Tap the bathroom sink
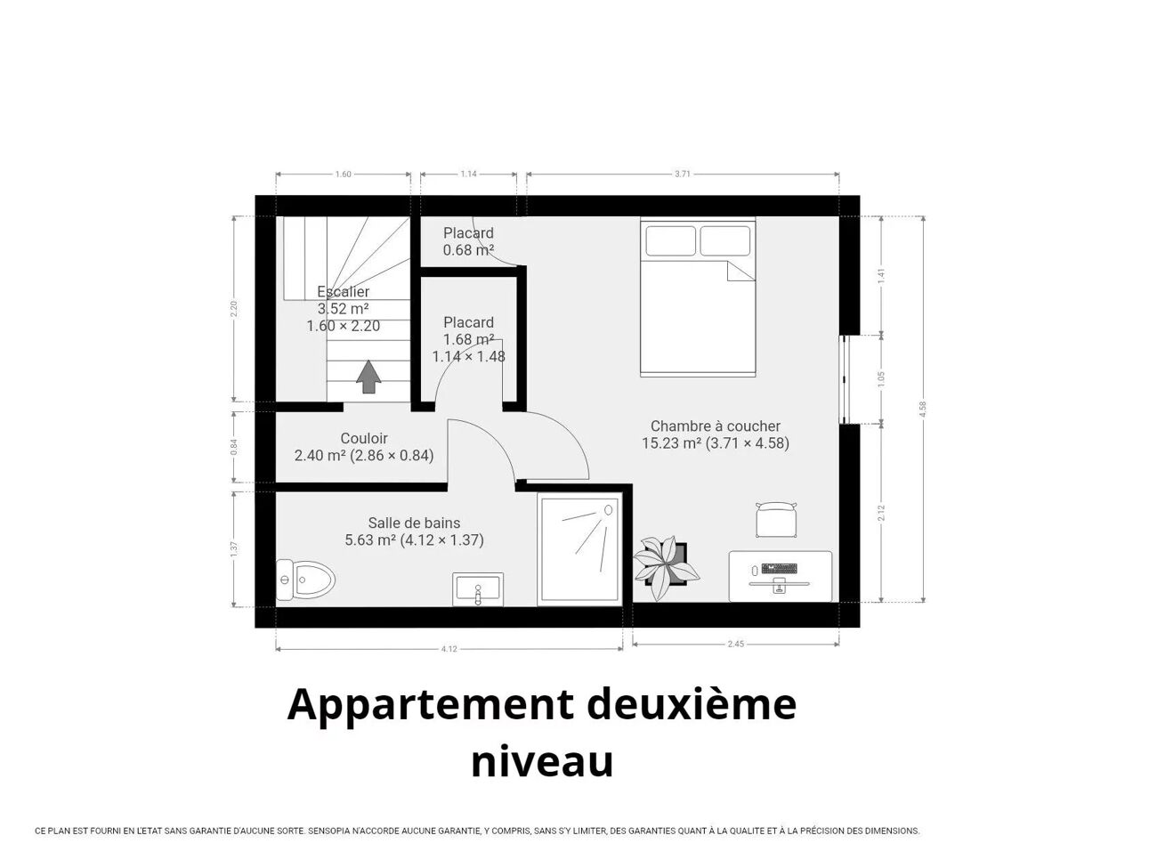(x=478, y=588)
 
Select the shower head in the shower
(x=608, y=510)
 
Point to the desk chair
(x=775, y=520)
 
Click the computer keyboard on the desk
(x=779, y=569)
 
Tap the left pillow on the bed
(x=670, y=241)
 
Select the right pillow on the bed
(x=724, y=241)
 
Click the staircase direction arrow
(x=368, y=377)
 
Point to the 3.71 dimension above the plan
(x=682, y=174)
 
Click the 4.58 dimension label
(x=922, y=409)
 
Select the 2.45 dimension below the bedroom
(x=735, y=644)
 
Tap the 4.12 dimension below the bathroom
(x=449, y=649)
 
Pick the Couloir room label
(x=364, y=438)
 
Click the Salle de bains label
(x=414, y=523)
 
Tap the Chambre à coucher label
(x=716, y=426)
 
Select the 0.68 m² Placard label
(x=468, y=241)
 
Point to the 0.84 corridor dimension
(x=235, y=447)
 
